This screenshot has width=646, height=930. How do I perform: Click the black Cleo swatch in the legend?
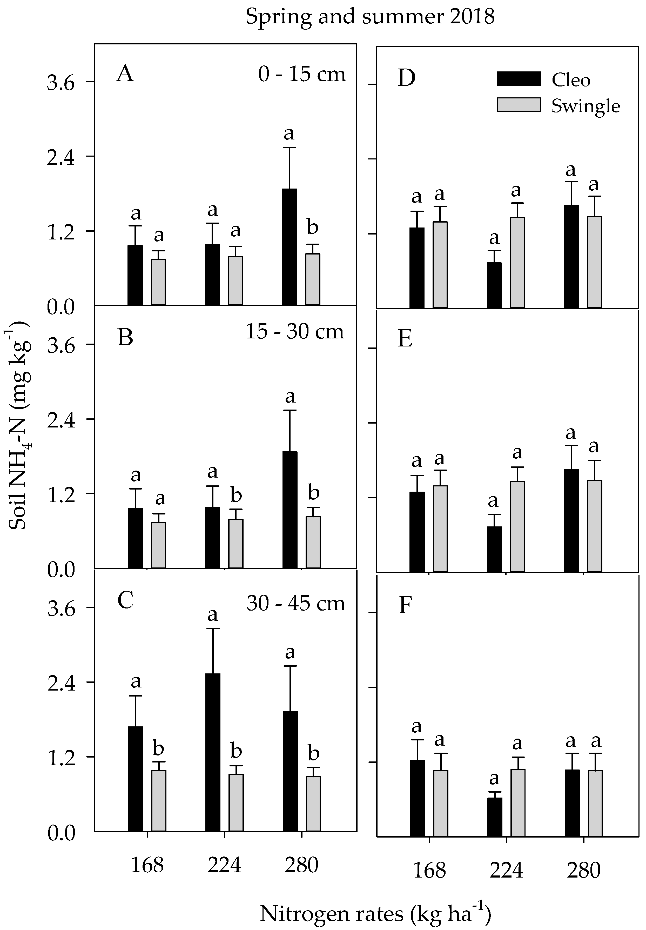(519, 78)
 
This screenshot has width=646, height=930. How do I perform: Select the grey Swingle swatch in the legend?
(519, 104)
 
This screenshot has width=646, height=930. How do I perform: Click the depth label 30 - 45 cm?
(295, 603)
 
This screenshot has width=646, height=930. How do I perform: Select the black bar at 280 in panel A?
(290, 247)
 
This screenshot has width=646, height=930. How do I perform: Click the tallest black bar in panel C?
(213, 752)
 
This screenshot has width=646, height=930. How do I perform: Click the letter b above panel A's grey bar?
(312, 227)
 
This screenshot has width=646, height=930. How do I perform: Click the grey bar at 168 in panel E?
(440, 529)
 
